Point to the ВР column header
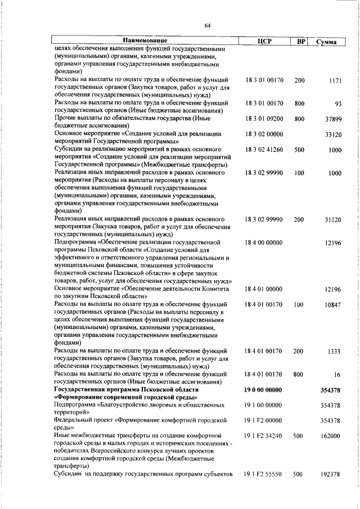300,41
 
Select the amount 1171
335,81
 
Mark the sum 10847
332,304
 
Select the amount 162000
331,435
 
